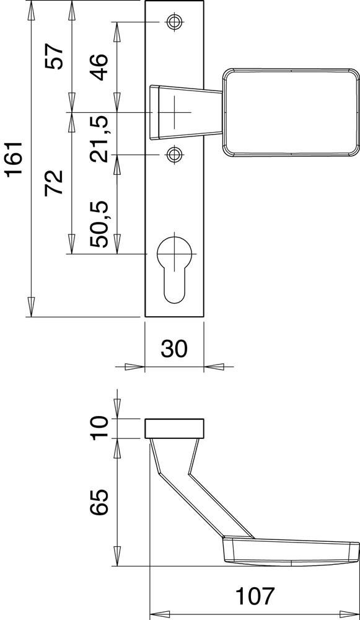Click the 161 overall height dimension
pos(15,159)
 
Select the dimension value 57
pos(54,56)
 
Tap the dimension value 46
pos(99,67)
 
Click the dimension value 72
pos(54,182)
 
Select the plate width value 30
pos(174,348)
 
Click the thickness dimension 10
pos(99,428)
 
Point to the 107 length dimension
pos(255,596)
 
